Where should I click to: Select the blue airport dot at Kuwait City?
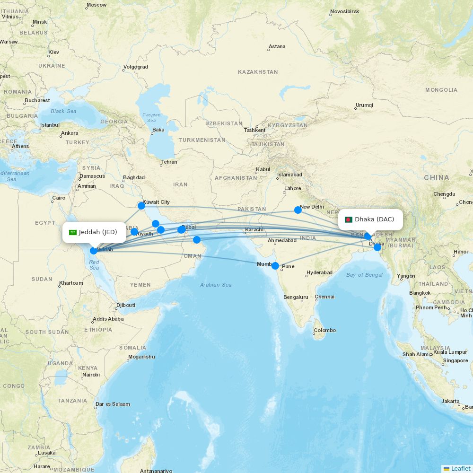[141, 206]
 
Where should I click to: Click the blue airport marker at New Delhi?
[298, 210]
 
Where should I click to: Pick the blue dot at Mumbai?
[275, 266]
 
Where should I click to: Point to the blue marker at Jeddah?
[94, 251]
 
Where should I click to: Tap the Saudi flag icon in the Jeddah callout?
[73, 232]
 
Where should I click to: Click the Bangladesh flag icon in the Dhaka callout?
[349, 219]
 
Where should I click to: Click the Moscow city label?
[96, 5]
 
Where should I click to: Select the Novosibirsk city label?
[345, 11]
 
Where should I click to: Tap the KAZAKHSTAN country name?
[258, 72]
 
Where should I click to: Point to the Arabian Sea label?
[216, 285]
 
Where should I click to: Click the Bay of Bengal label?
[364, 275]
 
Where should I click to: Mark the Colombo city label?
[325, 330]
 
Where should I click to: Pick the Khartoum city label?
[71, 283]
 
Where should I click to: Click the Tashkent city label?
[254, 131]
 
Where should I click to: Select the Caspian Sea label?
[152, 118]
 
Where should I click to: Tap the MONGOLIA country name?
[441, 90]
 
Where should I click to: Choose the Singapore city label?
[455, 360]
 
